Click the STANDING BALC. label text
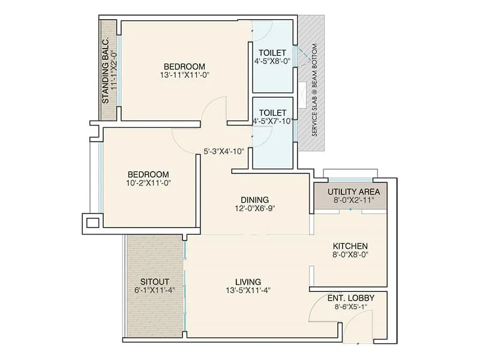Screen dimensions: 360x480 (106, 71)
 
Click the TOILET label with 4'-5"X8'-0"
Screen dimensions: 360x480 (272, 52)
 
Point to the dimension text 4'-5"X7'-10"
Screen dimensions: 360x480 (273, 121)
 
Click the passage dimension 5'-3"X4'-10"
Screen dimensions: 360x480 (223, 151)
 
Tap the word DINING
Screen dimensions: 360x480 (255, 200)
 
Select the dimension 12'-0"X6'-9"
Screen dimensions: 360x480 (255, 209)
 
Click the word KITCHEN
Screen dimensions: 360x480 (350, 247)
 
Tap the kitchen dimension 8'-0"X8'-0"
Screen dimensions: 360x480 (350, 256)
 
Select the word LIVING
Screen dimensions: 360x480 (248, 281)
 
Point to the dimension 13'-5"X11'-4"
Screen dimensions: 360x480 (248, 291)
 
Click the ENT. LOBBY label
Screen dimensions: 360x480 (349, 298)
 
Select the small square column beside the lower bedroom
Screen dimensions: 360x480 (92, 223)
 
